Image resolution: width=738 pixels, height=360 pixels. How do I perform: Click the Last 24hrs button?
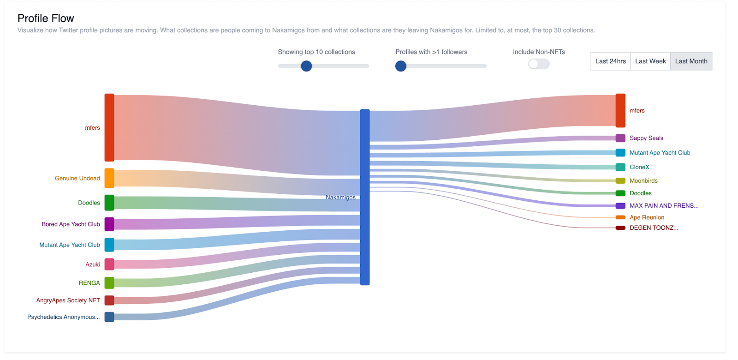(610, 61)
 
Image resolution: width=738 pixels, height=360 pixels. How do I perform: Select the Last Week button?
(650, 61)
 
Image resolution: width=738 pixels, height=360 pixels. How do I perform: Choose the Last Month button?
(691, 61)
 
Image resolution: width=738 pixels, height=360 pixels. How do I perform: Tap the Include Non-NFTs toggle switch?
(539, 64)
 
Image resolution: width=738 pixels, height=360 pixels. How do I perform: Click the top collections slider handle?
(306, 66)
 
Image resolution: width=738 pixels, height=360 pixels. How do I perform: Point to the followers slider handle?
(401, 66)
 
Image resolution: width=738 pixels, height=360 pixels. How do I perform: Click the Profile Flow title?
(46, 18)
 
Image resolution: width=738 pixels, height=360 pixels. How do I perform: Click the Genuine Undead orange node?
(109, 178)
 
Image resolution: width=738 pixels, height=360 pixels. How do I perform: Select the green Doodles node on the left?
(109, 203)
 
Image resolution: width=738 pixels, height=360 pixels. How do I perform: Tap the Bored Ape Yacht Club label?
(71, 224)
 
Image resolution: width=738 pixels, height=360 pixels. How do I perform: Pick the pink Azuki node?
(109, 264)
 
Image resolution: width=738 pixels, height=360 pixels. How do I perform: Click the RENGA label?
(89, 283)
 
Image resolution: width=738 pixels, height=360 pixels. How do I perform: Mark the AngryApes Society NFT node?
(109, 300)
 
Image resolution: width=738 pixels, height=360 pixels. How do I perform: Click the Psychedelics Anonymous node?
(109, 317)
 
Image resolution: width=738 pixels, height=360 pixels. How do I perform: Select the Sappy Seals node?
(620, 138)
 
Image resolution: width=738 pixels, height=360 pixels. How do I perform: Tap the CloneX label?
(639, 167)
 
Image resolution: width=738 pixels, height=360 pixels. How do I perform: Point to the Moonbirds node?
(620, 181)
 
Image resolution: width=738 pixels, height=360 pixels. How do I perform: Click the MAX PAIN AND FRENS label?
(664, 206)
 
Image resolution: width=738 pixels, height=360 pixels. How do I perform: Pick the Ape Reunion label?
(647, 217)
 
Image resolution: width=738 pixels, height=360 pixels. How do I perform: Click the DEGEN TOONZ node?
(620, 228)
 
